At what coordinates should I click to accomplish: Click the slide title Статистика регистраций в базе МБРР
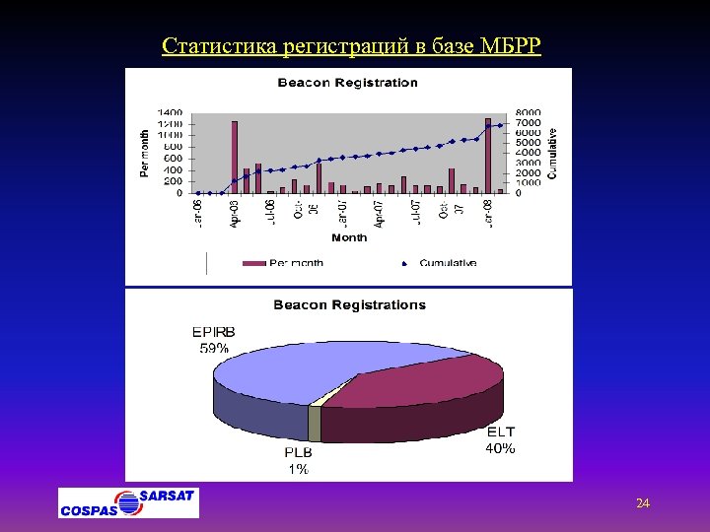coord(351,46)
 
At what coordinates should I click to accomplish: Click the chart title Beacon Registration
coord(347,83)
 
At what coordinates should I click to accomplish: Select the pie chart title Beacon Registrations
coord(349,305)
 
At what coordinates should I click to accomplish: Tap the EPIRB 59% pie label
coord(213,340)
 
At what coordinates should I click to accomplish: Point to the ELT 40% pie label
coord(499,439)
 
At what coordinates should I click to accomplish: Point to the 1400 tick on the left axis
coord(171,112)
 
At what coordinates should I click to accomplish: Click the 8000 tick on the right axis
coord(529,112)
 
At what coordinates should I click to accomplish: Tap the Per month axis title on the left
coord(145,153)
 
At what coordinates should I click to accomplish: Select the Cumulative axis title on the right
coord(552,153)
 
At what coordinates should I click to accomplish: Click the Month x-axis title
coord(349,237)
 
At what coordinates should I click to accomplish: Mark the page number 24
coord(643,504)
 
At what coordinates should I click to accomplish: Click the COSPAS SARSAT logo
coord(128,502)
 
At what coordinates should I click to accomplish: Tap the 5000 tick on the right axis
coord(529,143)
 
